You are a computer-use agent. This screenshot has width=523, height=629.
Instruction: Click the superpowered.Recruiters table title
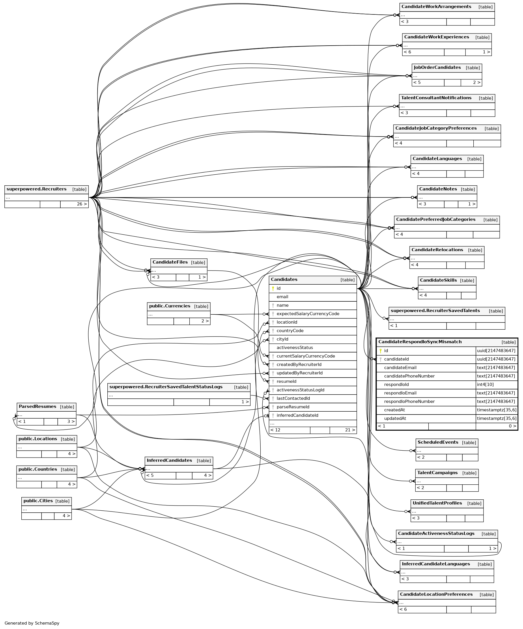coord(36,189)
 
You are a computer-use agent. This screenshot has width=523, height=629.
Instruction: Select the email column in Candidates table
coord(282,297)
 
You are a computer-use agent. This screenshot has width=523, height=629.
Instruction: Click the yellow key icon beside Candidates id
coord(273,288)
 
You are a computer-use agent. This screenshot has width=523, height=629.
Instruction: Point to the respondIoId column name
coord(396,385)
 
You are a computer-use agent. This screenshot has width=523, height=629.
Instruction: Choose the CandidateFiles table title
coord(170,262)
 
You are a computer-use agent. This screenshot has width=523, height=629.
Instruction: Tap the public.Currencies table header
coord(169,306)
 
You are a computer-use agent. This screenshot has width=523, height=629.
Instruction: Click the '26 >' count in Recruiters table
coord(82,204)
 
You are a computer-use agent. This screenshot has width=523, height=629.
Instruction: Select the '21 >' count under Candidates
coord(350,430)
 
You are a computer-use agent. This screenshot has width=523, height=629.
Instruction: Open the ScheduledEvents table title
coord(438,443)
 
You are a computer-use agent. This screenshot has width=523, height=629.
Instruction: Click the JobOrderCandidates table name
coord(437,67)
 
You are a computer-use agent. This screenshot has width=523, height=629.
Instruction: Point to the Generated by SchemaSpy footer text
coord(32,623)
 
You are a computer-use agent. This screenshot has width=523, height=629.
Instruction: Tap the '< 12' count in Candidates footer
coord(275,430)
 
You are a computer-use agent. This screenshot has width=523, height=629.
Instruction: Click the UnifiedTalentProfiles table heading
coord(437,503)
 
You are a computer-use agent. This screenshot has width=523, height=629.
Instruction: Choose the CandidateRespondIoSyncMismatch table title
coord(420,342)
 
